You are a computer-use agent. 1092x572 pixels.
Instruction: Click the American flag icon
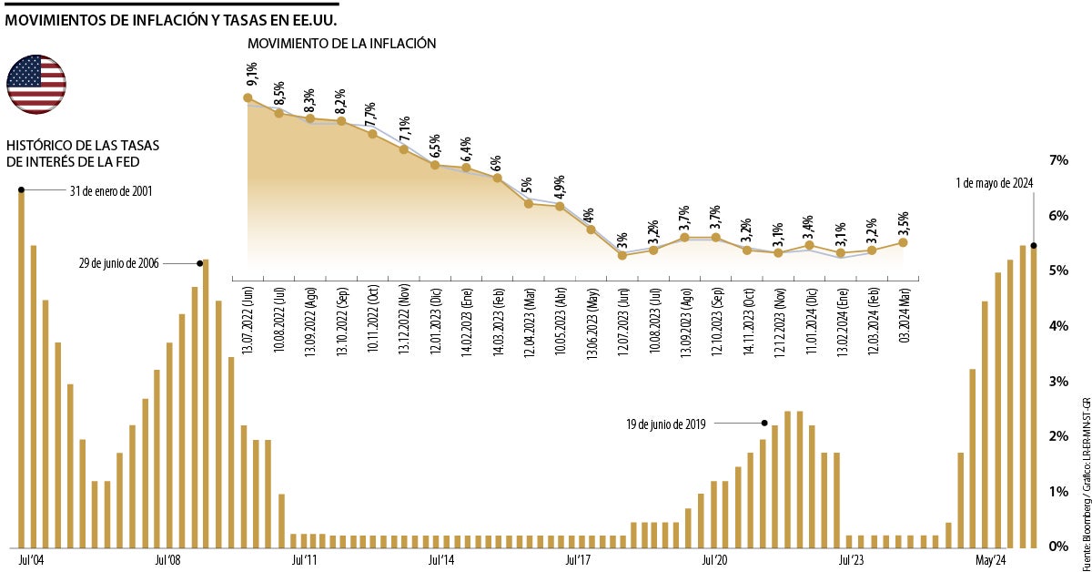pyautogui.click(x=36, y=85)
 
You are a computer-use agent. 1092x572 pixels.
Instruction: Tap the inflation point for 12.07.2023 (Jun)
pyautogui.click(x=622, y=255)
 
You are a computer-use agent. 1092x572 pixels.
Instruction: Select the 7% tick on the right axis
pyautogui.click(x=1058, y=160)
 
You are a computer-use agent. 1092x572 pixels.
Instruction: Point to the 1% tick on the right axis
pyautogui.click(x=1058, y=492)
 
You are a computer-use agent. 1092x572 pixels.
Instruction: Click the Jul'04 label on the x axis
pyautogui.click(x=31, y=558)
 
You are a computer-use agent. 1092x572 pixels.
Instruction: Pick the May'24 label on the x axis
pyautogui.click(x=991, y=558)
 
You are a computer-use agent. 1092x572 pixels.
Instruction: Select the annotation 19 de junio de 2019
pyautogui.click(x=665, y=424)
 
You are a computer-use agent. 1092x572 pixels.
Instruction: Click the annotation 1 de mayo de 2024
pyautogui.click(x=995, y=183)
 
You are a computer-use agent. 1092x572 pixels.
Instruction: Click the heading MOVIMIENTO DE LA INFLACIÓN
pyautogui.click(x=341, y=43)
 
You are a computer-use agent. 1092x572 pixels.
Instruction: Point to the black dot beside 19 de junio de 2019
pyautogui.click(x=763, y=423)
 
